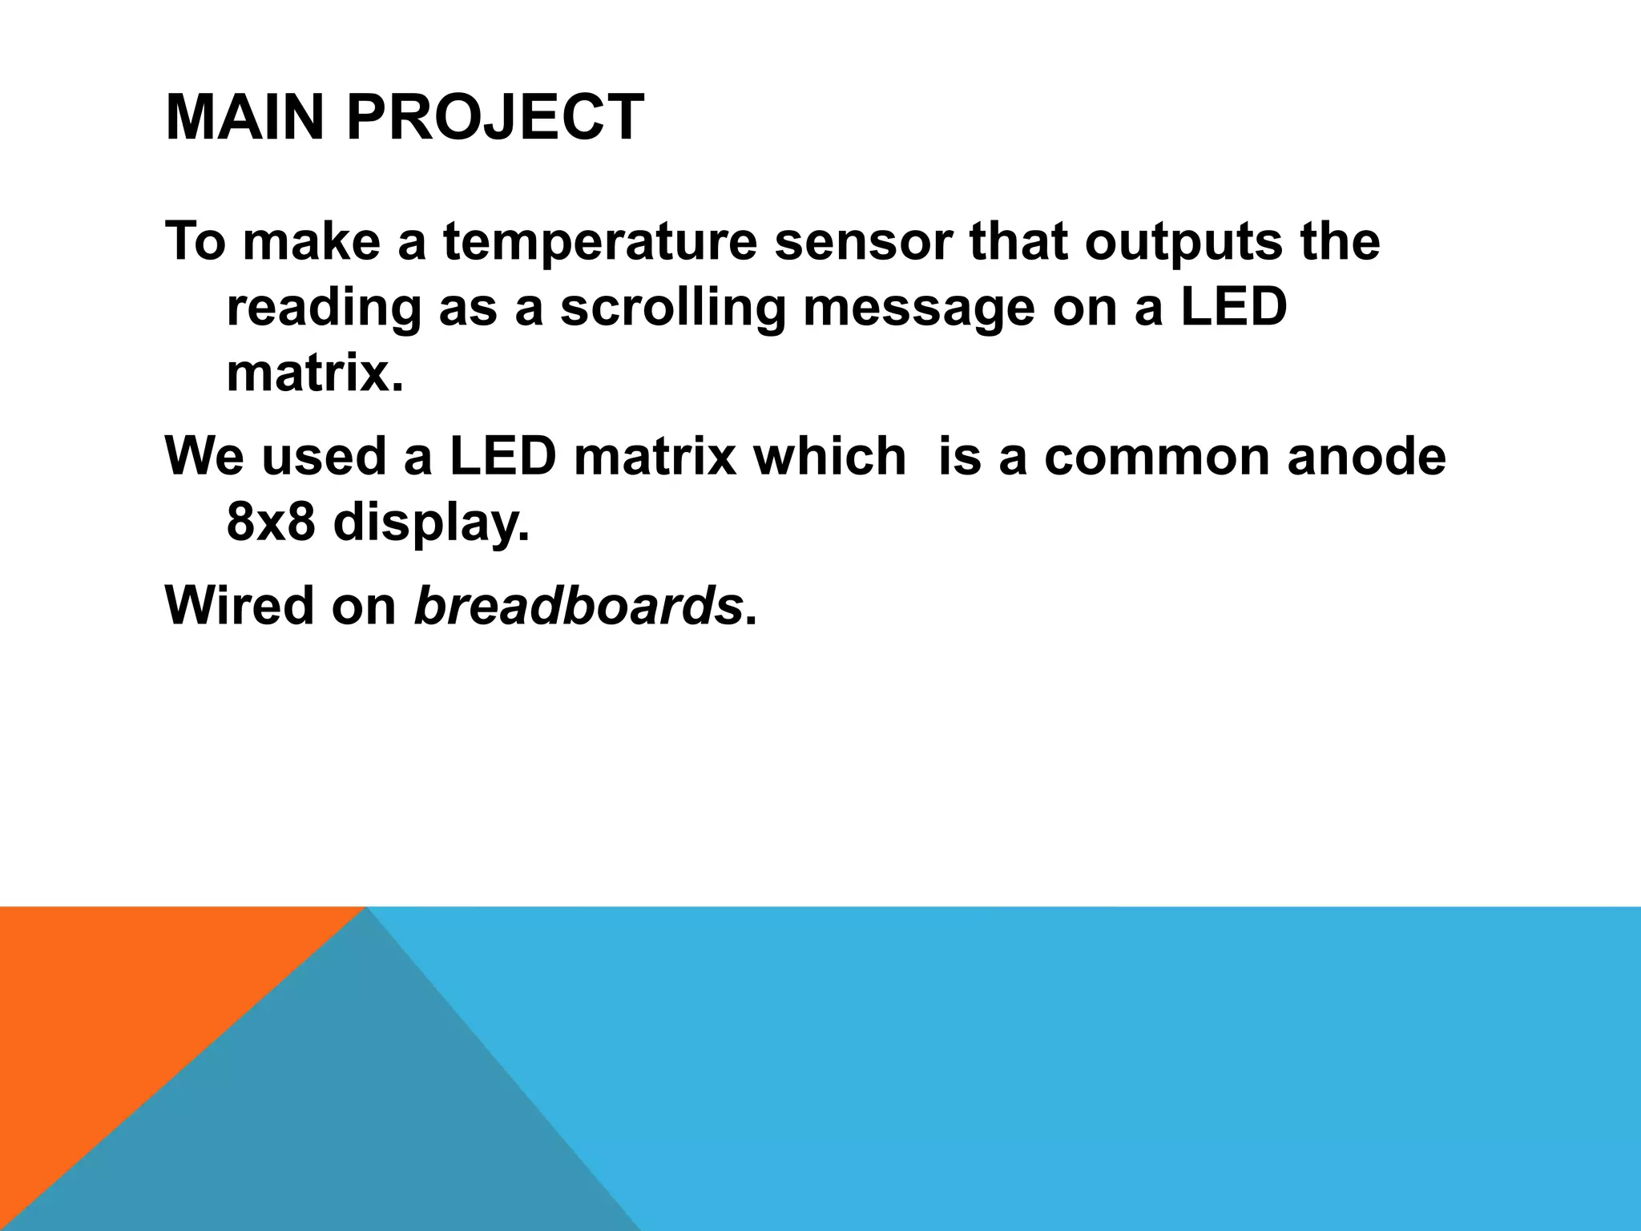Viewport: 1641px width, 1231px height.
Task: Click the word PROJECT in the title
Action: [494, 118]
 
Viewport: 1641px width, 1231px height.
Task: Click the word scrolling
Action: [672, 309]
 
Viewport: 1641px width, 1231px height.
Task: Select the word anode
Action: [1367, 456]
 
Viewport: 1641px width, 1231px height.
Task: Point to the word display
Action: [431, 523]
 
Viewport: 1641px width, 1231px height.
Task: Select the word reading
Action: [323, 310]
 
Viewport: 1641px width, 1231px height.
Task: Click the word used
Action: [325, 456]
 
